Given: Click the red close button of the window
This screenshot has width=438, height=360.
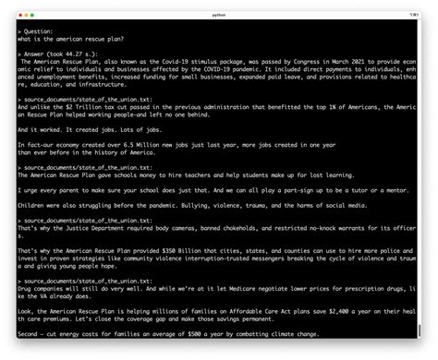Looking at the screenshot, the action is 19,16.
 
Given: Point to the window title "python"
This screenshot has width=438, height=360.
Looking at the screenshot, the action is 218,16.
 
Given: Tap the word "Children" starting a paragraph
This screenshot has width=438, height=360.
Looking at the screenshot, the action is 32,204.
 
